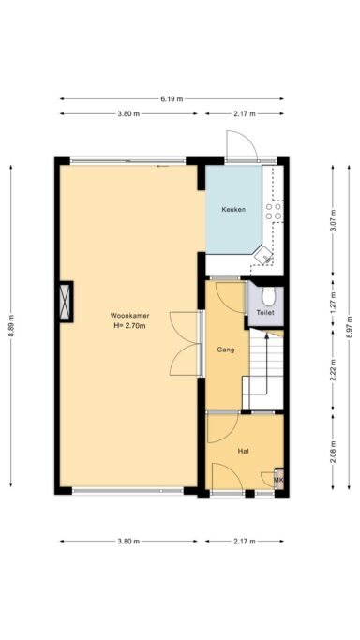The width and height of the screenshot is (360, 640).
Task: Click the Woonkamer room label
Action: tap(129, 316)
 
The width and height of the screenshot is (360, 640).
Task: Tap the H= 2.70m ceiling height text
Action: tap(129, 326)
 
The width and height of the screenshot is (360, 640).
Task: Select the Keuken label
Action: tap(233, 209)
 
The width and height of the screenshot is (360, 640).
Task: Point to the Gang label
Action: tap(226, 350)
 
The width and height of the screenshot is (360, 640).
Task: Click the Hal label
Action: tap(243, 451)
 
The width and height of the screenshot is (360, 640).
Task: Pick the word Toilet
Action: tap(264, 313)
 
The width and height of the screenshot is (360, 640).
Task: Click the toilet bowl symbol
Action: tap(268, 296)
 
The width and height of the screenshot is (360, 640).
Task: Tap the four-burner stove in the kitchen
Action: tap(274, 211)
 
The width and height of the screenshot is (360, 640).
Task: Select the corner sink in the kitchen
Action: tap(264, 256)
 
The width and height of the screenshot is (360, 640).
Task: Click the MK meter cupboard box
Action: tap(278, 480)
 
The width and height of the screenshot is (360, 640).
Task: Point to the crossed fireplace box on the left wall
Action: tap(66, 302)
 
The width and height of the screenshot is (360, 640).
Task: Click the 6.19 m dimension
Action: tap(172, 98)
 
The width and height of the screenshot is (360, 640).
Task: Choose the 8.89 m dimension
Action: tap(11, 326)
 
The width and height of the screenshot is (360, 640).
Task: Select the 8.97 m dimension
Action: tap(349, 327)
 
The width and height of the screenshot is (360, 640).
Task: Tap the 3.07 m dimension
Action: tap(333, 220)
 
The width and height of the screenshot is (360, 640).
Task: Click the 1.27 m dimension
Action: tap(333, 303)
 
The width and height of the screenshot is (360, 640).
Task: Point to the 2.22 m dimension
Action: tap(333, 369)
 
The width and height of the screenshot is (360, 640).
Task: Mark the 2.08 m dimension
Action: tap(333, 452)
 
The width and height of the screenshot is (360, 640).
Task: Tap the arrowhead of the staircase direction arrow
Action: tap(266, 335)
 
